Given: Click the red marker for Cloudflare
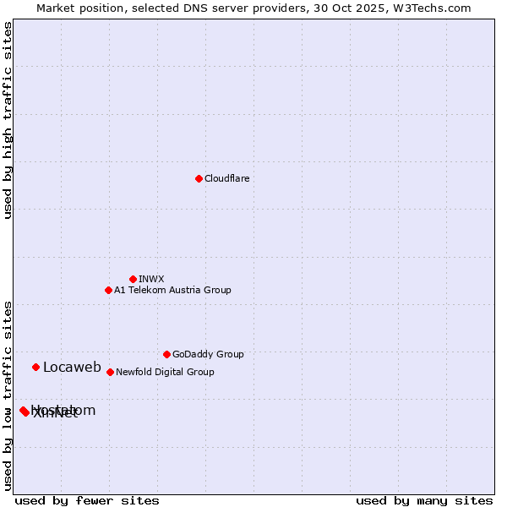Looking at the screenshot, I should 199,178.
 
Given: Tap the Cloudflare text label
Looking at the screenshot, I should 226,178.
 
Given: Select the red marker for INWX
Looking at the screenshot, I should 133,279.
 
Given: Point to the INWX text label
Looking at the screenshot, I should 151,279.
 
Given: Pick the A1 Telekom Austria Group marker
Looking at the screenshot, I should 108,290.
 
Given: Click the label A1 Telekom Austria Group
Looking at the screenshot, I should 172,290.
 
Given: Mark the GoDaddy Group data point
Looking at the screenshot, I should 166,354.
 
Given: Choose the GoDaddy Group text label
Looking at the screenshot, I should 208,354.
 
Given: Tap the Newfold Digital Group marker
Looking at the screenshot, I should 110,372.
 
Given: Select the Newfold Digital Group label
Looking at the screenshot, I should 165,372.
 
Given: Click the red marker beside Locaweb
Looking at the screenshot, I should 35,367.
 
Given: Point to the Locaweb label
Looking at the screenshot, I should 72,368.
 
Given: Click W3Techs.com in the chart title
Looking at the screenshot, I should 436,8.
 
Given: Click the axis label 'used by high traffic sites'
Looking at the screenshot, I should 8,120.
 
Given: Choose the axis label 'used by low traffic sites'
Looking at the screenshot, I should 8,395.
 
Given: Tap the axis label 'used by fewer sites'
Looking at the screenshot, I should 87,500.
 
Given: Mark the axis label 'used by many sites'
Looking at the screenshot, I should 424,500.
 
